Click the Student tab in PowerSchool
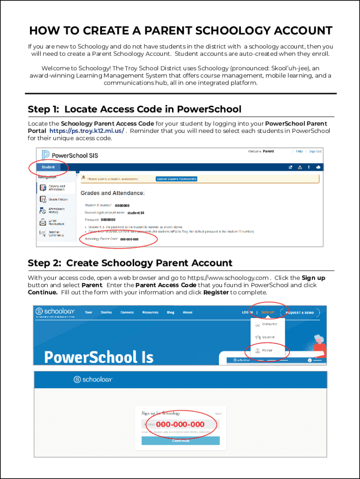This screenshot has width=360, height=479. coord(48,167)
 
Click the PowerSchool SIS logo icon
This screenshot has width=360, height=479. coord(45,155)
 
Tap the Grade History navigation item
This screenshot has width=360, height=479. coord(57,199)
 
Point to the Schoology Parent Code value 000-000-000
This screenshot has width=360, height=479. coord(129,239)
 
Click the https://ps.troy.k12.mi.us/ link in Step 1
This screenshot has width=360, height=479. coord(86,131)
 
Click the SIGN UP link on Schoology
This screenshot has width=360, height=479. coord(268,312)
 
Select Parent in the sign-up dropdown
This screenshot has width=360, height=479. coord(267,350)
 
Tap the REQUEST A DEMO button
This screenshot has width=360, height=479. coord(300,312)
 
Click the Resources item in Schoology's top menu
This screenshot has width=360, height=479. coord(150,312)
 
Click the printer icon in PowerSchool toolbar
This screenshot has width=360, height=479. coord(318,167)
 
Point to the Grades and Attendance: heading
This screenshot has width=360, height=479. coord(113,193)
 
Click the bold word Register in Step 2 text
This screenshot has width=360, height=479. coord(216,292)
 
